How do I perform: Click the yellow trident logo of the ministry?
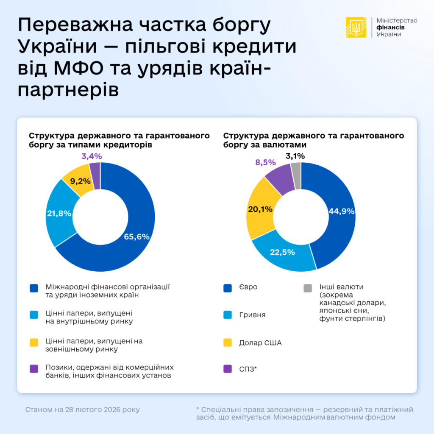click(356, 28)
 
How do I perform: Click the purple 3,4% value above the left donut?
click(91, 156)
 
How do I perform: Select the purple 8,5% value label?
click(265, 162)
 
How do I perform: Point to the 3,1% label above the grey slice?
click(295, 156)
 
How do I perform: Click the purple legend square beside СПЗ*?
click(228, 369)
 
